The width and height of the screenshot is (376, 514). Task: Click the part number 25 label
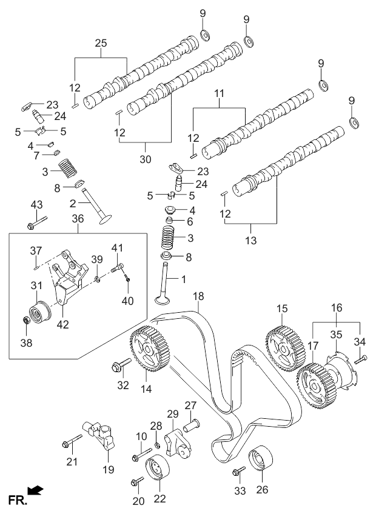[x=101, y=43]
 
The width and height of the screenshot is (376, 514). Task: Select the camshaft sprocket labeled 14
[x=149, y=350]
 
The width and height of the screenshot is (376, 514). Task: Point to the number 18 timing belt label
[x=197, y=296]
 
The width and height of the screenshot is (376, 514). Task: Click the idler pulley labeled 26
[x=262, y=458]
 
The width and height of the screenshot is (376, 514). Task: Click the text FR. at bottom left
[x=14, y=499]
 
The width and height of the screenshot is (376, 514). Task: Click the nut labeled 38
[x=25, y=319]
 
